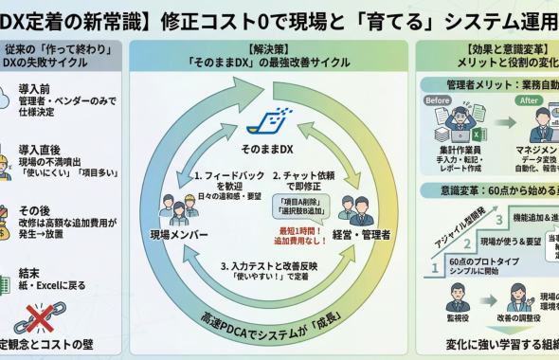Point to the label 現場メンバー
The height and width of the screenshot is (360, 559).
click(179, 233)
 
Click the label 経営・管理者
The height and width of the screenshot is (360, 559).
click(363, 233)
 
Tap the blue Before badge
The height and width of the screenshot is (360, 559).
click(438, 101)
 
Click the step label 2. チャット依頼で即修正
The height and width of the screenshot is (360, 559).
click(305, 175)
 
